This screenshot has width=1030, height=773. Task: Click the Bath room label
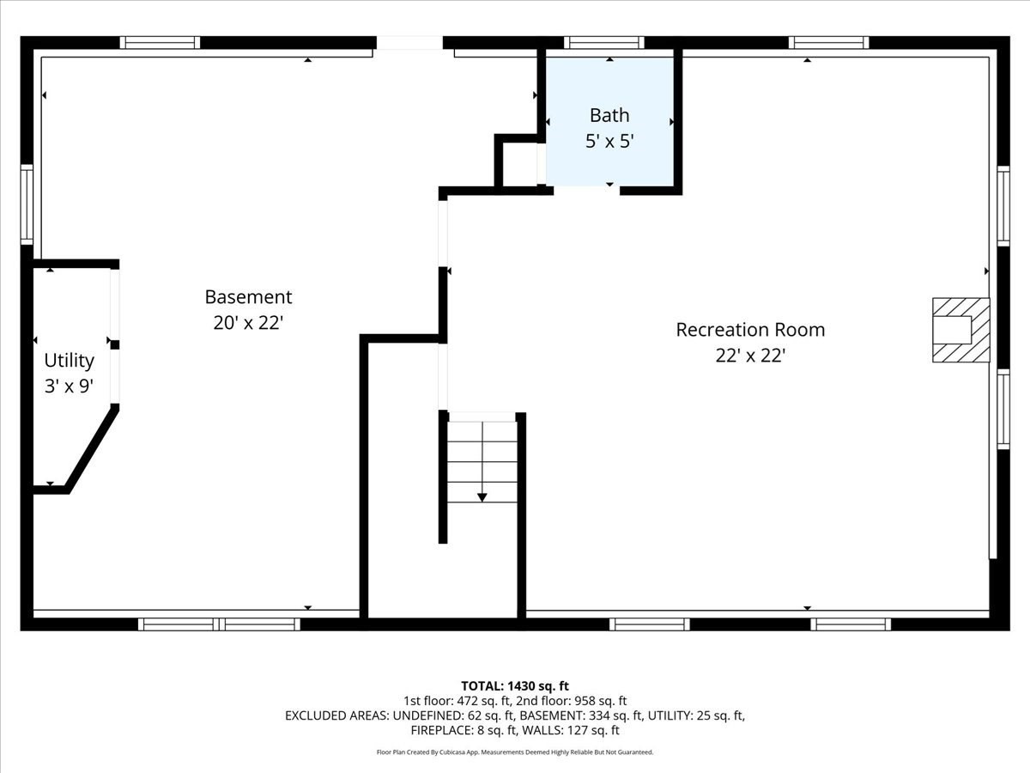point(609,115)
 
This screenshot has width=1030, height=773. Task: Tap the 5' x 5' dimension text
point(609,141)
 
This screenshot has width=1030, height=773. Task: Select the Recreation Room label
point(750,330)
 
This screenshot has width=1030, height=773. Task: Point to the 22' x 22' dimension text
point(750,356)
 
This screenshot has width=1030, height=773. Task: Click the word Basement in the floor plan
point(248,297)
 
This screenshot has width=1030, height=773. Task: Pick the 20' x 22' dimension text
point(248,323)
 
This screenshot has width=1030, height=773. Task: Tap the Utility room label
point(69,361)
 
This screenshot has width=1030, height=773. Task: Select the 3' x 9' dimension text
point(69,386)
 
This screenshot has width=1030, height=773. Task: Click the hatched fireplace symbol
point(960,330)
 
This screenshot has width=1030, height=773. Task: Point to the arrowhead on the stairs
point(482,496)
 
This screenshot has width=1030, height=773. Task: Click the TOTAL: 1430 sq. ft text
point(515,685)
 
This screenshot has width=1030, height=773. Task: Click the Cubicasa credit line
point(515,752)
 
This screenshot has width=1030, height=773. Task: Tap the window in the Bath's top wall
point(603,42)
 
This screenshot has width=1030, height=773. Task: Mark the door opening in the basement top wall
point(409,42)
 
